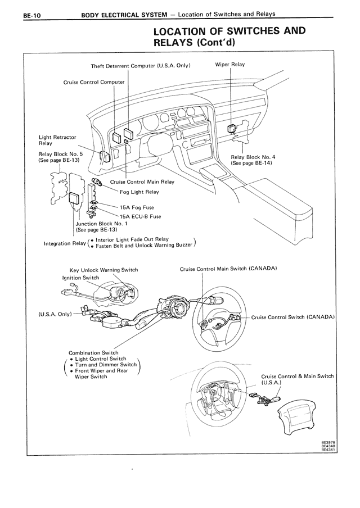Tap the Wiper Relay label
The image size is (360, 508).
(x=230, y=65)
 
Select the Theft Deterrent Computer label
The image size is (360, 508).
(x=141, y=66)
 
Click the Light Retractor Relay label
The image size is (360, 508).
(x=57, y=140)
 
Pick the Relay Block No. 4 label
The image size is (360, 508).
(x=253, y=157)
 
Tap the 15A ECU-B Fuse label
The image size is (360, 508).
(x=140, y=216)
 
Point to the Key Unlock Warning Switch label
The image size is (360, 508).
(x=103, y=270)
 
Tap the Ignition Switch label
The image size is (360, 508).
(x=80, y=278)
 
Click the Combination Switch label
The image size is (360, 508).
(x=93, y=353)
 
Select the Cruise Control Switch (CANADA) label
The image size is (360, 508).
(x=293, y=317)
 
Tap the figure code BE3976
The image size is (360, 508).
(x=328, y=443)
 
